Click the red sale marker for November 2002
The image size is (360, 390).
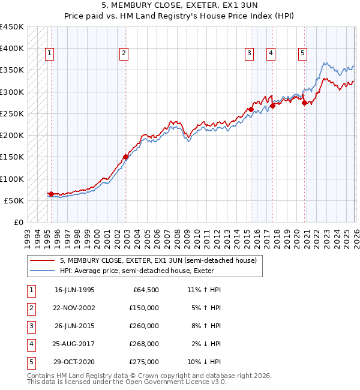tap(125, 157)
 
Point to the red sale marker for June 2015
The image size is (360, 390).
tap(251, 109)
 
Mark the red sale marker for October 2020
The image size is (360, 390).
tap(304, 103)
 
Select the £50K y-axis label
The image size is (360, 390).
tap(14, 200)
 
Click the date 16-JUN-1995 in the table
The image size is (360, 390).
tap(74, 290)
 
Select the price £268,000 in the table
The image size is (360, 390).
tap(144, 344)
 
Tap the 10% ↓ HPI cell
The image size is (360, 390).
tap(204, 362)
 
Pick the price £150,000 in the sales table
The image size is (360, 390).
tap(144, 308)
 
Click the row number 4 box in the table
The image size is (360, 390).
tap(30, 344)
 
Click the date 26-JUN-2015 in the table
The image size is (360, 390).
tap(74, 326)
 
